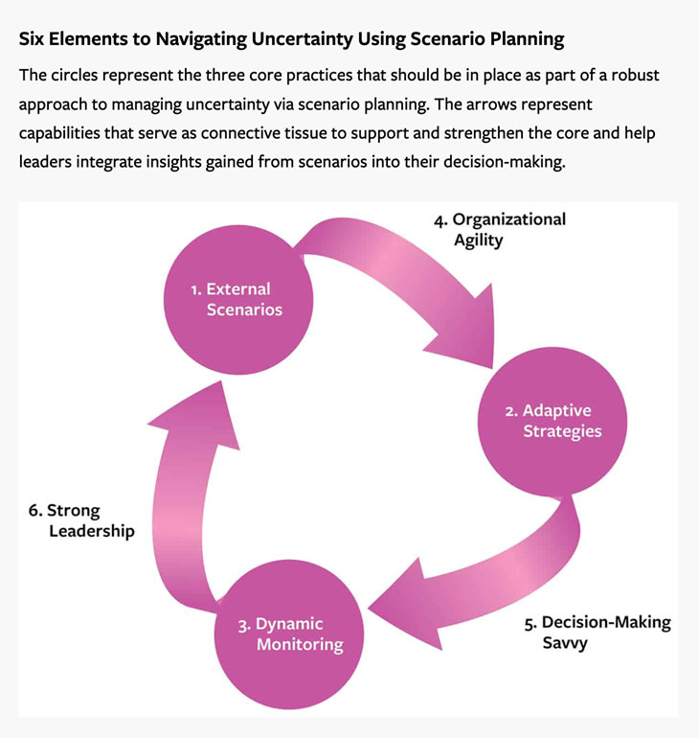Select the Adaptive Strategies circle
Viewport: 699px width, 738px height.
coord(553,422)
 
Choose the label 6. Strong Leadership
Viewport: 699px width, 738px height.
coord(80,520)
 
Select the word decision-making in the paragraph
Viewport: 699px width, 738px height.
coord(503,162)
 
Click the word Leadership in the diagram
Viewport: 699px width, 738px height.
coord(92,530)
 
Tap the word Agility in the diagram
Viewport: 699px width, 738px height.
coord(478,240)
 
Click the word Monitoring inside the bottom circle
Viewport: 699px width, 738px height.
coord(300,645)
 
